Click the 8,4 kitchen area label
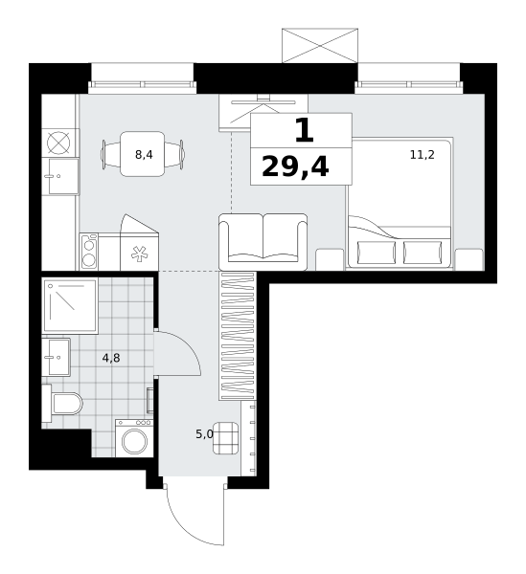(x=144, y=155)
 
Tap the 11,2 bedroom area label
(x=422, y=155)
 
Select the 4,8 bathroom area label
(x=111, y=358)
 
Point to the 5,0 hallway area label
(x=204, y=434)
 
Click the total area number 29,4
(x=295, y=166)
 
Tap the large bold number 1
(x=305, y=131)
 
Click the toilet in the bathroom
(x=62, y=403)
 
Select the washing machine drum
(x=134, y=441)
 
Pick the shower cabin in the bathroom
(x=70, y=306)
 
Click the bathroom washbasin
(x=57, y=357)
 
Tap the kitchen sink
(x=61, y=176)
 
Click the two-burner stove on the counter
(x=89, y=252)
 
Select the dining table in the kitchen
(x=143, y=154)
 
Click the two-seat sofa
(x=263, y=242)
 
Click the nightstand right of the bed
(x=469, y=259)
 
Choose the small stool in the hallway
(x=226, y=438)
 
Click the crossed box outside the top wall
(x=320, y=45)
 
